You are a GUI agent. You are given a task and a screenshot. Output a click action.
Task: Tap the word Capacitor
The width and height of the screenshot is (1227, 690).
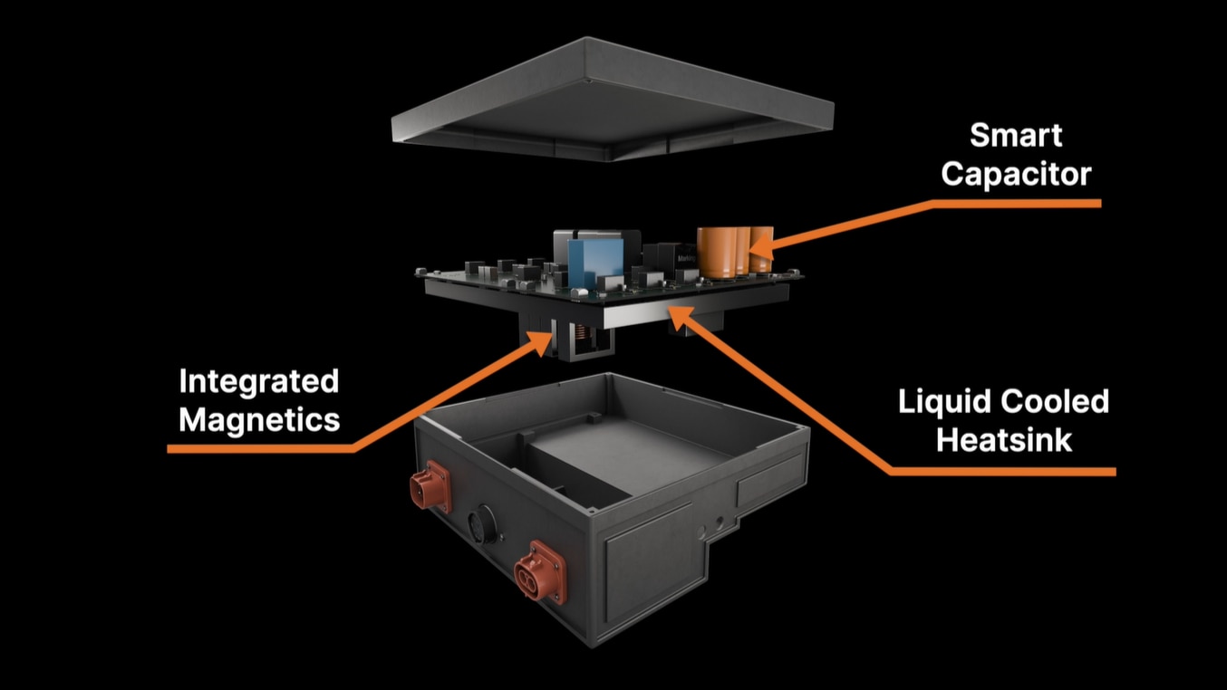pyautogui.click(x=1016, y=173)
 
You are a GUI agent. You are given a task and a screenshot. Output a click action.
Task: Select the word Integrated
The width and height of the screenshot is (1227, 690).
pyautogui.click(x=259, y=381)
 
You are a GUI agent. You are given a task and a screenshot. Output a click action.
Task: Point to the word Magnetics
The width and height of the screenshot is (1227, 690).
pyautogui.click(x=259, y=419)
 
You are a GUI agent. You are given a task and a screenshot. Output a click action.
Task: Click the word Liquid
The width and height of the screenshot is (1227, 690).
pyautogui.click(x=942, y=401)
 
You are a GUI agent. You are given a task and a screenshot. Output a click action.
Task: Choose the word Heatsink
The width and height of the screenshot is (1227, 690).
pyautogui.click(x=1004, y=440)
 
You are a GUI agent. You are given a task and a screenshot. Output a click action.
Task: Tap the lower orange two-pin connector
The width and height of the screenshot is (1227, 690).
pyautogui.click(x=540, y=571)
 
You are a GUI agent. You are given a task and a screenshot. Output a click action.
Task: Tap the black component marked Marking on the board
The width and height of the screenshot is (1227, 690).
pyautogui.click(x=678, y=259)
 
